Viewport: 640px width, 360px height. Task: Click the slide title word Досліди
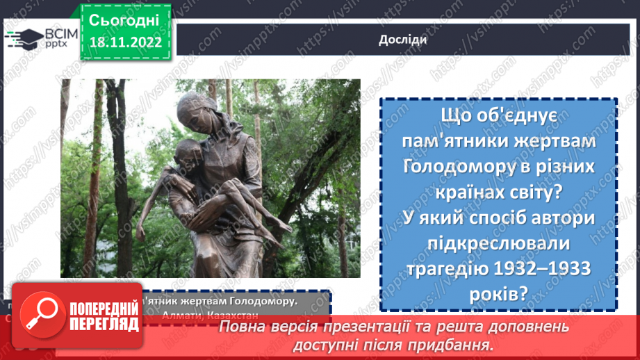click(x=402, y=39)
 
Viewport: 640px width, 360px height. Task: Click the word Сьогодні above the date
click(x=124, y=19)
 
